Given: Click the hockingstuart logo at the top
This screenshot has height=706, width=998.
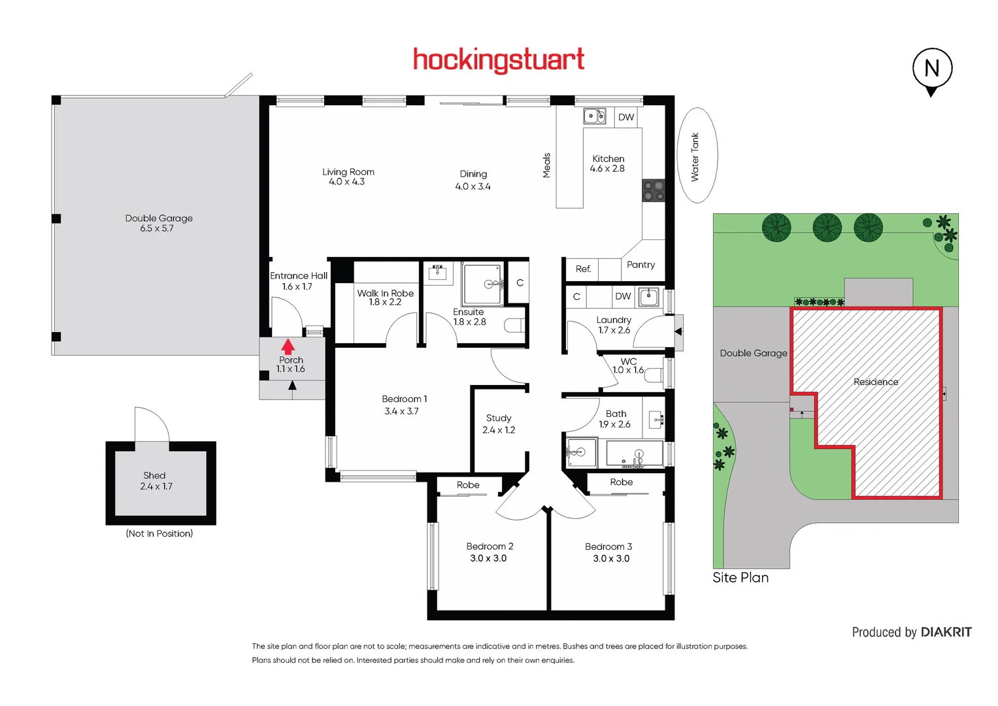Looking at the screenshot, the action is click(499, 60).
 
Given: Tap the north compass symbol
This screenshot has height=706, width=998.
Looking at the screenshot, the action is click(932, 69).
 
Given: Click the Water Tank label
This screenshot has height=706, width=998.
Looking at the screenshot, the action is click(695, 157).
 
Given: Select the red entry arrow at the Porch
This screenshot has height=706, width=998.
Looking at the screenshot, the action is click(288, 346).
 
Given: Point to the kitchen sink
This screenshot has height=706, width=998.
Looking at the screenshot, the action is click(594, 116).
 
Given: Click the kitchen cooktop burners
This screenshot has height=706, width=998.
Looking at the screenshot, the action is click(653, 191).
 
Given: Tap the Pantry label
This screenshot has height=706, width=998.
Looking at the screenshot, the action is click(640, 265).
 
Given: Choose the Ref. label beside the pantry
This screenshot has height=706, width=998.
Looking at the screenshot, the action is click(583, 269).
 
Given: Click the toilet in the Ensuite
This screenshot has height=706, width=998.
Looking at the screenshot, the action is click(514, 326).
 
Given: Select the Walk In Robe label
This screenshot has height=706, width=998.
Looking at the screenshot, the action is click(385, 294).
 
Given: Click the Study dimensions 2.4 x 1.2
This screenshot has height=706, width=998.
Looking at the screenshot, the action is click(499, 430).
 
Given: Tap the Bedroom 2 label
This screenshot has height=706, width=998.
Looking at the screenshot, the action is click(490, 546).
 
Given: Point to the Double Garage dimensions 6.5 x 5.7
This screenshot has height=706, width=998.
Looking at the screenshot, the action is click(157, 229).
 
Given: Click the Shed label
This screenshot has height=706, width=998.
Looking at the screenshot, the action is click(154, 476).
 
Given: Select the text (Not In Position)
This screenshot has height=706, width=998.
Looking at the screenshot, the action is click(159, 534).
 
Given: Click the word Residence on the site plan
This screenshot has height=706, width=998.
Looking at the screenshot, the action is click(876, 382).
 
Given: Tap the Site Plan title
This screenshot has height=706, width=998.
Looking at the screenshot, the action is click(740, 578).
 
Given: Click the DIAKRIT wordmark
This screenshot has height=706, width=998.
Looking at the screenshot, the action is click(946, 632).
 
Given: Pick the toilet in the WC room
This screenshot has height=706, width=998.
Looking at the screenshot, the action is click(654, 377).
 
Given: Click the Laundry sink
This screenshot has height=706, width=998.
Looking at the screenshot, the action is click(648, 297).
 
